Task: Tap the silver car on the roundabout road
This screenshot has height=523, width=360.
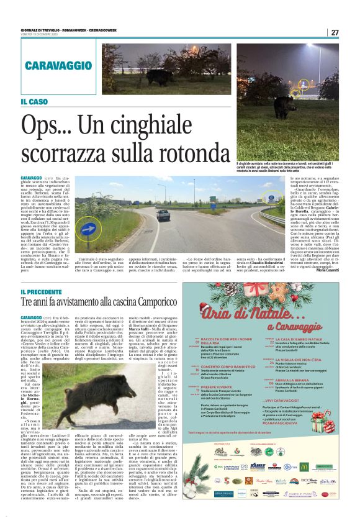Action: point(163,215)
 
